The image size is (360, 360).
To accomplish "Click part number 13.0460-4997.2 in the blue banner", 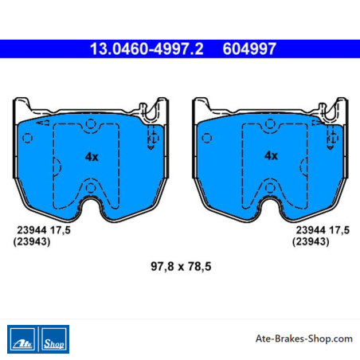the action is [147, 49].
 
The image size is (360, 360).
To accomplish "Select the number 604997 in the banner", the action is [249, 49].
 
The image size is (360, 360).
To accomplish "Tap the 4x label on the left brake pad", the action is [92, 157].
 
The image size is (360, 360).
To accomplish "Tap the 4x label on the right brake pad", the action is [271, 155].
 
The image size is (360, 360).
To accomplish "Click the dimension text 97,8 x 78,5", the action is [181, 266].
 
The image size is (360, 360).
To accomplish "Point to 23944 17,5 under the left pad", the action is [44, 230].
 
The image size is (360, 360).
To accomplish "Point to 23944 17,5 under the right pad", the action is [323, 230].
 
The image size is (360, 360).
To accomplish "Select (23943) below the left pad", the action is [32, 241].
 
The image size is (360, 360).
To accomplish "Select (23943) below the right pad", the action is [311, 241].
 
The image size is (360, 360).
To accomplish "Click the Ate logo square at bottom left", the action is [22, 339].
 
